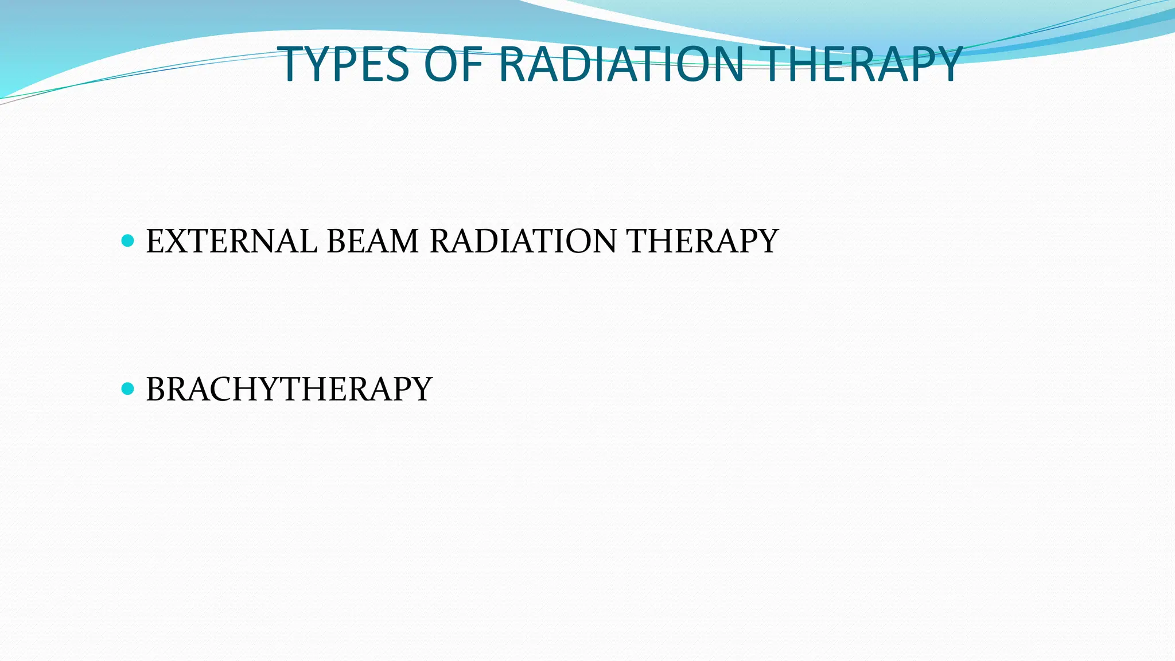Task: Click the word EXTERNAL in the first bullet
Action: tap(231, 241)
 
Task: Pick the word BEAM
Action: tap(372, 241)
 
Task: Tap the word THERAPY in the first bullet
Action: tap(702, 241)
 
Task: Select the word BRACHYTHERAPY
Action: tap(289, 389)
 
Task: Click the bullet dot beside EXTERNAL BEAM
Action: tap(128, 240)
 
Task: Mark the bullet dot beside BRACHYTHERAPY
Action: tap(128, 389)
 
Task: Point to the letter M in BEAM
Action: tap(403, 241)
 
